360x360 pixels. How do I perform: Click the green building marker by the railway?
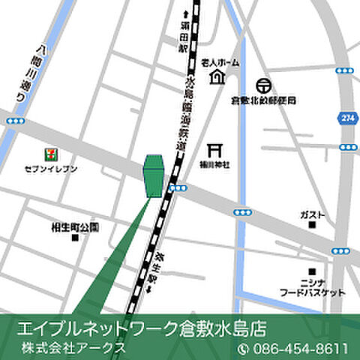pos(154,176)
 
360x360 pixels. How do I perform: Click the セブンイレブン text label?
pos(51,169)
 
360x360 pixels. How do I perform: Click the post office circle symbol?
pos(263,86)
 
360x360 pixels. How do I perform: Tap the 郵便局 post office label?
pos(263,100)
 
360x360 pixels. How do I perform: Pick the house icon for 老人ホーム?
pos(217,77)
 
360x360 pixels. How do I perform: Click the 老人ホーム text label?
pos(220,63)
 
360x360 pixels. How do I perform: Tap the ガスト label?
pos(311,214)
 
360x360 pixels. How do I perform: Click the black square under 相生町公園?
pos(74,238)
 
